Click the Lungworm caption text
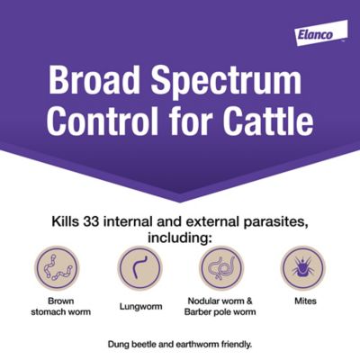coord(139,306)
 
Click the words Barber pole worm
coord(221,312)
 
